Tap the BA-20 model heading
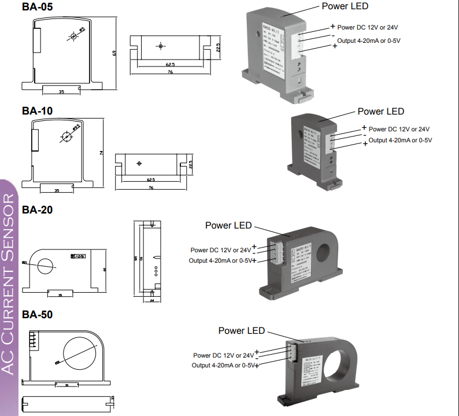click(37, 210)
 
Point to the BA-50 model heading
click(37, 315)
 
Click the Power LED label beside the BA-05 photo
click(345, 6)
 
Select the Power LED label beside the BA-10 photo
click(380, 111)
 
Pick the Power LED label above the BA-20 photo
click(228, 225)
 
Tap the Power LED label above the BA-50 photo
click(241, 330)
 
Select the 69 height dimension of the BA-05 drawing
click(114, 53)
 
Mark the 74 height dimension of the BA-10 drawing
click(101, 152)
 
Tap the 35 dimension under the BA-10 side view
click(57, 190)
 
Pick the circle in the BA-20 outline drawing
click(45, 266)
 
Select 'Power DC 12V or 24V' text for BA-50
click(223, 355)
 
